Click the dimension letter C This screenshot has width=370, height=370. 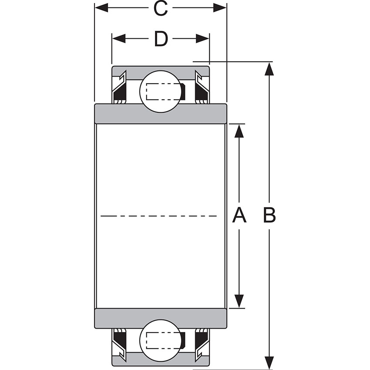[x=161, y=8]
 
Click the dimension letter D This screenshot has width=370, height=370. [x=161, y=39]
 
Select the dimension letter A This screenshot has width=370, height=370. [x=239, y=215]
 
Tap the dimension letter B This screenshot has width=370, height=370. [x=269, y=215]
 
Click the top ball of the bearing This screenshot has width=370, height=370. [x=160, y=91]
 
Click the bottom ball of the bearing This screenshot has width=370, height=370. [x=160, y=340]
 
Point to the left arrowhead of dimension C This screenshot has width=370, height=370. [x=101, y=8]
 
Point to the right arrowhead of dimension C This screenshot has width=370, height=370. [x=220, y=8]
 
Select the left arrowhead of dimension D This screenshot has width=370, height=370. [x=119, y=39]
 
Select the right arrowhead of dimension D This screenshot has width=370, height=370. [x=202, y=39]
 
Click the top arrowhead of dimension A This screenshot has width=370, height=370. [x=239, y=131]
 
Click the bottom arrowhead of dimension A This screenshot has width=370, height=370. [x=239, y=301]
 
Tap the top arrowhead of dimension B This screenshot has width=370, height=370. [x=269, y=69]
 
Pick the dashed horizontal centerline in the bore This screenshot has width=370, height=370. [x=159, y=215]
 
